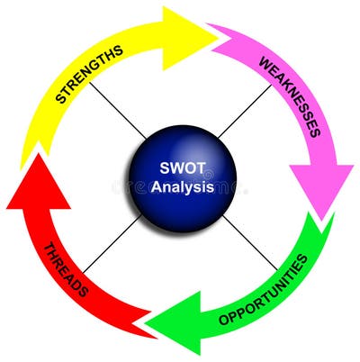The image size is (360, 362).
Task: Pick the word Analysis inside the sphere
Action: [183, 187]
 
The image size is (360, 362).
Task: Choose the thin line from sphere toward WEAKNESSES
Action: [247, 113]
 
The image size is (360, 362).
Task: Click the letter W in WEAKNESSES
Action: [265, 64]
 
